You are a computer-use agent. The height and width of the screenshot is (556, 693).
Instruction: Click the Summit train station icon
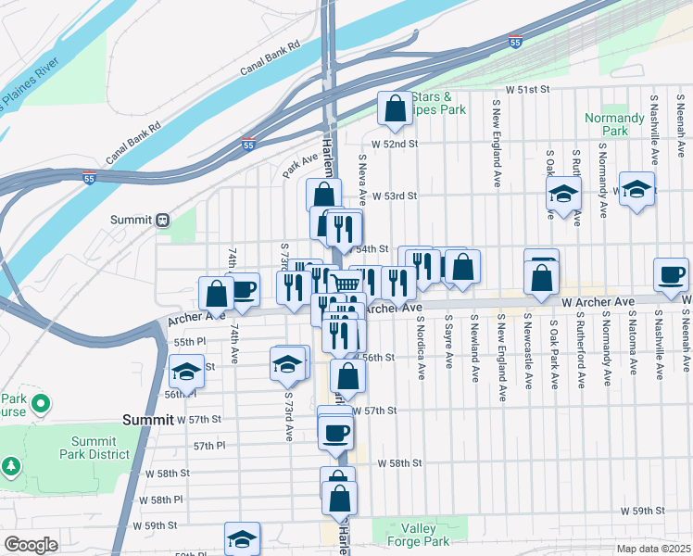[x=162, y=220]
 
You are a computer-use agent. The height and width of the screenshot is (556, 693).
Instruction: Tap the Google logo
[x=31, y=545]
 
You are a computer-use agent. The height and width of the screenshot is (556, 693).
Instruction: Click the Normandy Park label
[x=614, y=124]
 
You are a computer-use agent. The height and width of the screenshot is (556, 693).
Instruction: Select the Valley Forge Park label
[x=419, y=535]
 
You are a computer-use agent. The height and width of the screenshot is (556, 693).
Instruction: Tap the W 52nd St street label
[x=396, y=144]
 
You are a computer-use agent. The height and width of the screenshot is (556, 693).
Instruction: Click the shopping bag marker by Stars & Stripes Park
[x=395, y=108]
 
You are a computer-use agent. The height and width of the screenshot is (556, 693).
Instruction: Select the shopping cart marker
[x=346, y=283]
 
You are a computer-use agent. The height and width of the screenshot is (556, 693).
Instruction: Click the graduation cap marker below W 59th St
[x=242, y=539]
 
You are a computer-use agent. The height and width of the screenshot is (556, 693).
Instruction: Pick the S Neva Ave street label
[x=364, y=171]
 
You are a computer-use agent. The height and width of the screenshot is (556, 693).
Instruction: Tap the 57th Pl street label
[x=210, y=446]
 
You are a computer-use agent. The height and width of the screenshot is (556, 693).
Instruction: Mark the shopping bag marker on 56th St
[x=347, y=376]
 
